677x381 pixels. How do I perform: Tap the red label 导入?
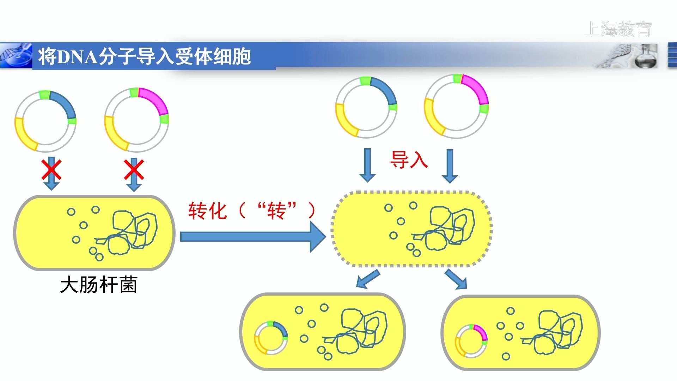pyautogui.click(x=409, y=160)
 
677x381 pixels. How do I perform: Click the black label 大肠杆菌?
pyautogui.click(x=99, y=285)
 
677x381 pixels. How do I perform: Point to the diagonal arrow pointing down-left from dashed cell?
pyautogui.click(x=367, y=279)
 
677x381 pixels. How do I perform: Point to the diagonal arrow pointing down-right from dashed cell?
pyautogui.click(x=456, y=279)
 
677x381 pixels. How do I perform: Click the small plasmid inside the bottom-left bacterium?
pyautogui.click(x=271, y=338)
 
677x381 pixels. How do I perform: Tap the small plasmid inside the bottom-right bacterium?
pyautogui.click(x=471, y=341)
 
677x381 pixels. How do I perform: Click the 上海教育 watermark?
pyautogui.click(x=618, y=29)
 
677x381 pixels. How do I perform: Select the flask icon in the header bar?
pyautogui.click(x=646, y=56)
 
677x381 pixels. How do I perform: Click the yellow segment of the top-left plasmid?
pyautogui.click(x=23, y=135)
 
